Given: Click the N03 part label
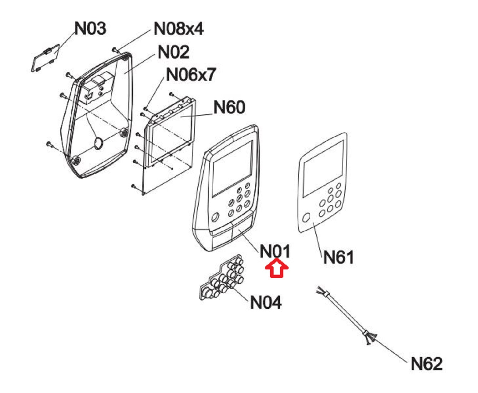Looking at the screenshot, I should coord(90,28).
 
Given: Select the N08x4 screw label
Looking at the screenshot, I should coord(178,28).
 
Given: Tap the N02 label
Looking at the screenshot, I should coord(173,52).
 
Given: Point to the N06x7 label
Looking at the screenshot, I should coord(191,74).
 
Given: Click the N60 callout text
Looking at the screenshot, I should coord(229,107).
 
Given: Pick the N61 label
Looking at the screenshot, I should coord(338,257).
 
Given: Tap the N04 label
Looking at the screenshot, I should coord(266,302).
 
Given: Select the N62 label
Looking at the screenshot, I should coord(426,364).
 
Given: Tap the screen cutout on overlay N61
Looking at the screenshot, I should coord(323,168).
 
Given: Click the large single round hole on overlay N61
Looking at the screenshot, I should coord(306,218).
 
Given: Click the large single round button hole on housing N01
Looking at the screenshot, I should coord(215,217).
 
